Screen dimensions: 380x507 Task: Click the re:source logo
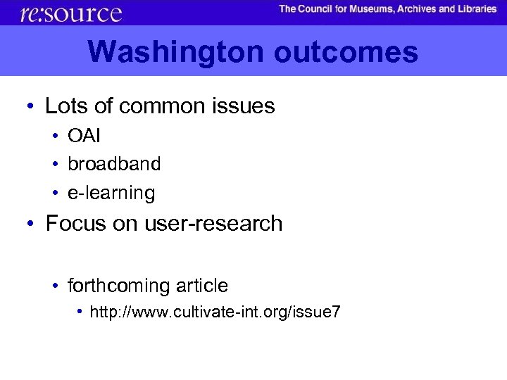[71, 13]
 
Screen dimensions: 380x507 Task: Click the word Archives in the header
[437, 9]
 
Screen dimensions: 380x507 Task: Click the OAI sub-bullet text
[84, 135]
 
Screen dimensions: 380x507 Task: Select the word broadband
[114, 164]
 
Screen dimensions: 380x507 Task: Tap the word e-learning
[111, 192]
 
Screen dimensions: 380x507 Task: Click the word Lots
[63, 106]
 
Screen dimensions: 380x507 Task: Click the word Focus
[73, 224]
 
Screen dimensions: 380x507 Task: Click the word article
[200, 286]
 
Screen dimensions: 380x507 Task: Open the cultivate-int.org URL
[215, 312]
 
